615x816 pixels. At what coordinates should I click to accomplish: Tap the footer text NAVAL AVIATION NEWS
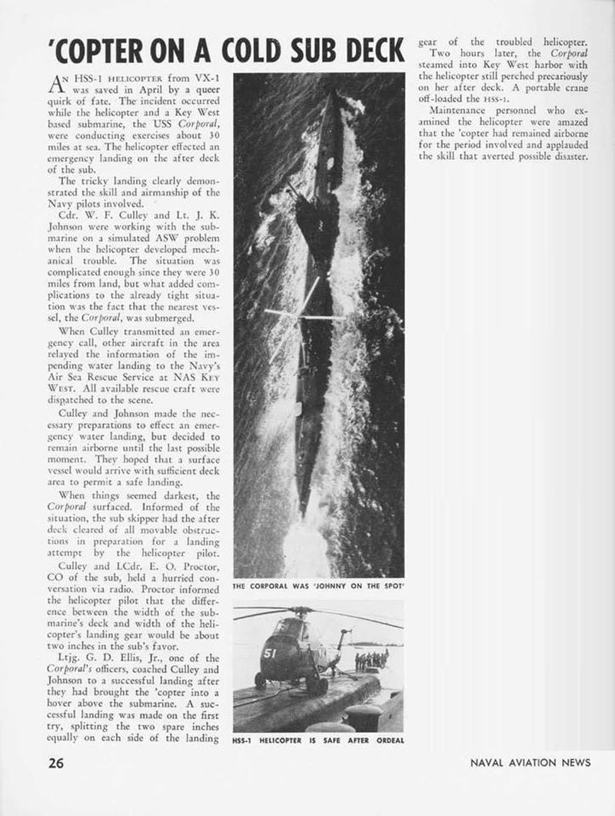click(x=530, y=763)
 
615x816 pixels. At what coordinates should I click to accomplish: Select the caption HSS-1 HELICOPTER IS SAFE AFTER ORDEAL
click(x=317, y=741)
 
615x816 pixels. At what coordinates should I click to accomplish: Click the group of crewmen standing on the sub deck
click(x=371, y=658)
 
